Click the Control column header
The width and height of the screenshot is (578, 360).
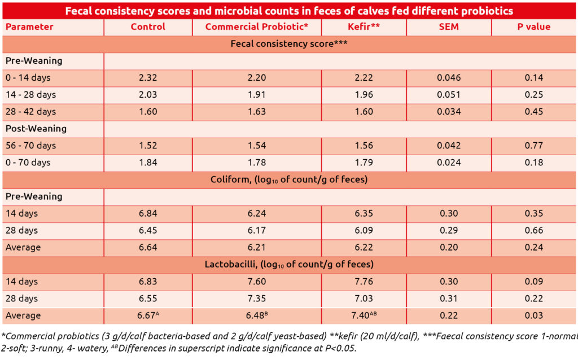148,27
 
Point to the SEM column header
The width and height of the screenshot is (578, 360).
449,27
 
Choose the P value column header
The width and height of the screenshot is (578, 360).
533,27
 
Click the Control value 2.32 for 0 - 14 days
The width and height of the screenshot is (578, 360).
148,78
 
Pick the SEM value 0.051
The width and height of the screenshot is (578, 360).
449,95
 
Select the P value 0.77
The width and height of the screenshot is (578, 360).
533,146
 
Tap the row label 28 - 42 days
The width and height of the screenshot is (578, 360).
31,112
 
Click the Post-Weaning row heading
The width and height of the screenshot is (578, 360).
36,129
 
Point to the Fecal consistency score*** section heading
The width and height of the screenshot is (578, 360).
289,43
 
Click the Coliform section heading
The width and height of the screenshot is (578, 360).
289,180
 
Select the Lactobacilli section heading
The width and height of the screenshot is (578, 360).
289,264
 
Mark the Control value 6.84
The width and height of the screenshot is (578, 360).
148,214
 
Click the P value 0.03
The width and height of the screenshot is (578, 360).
533,315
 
